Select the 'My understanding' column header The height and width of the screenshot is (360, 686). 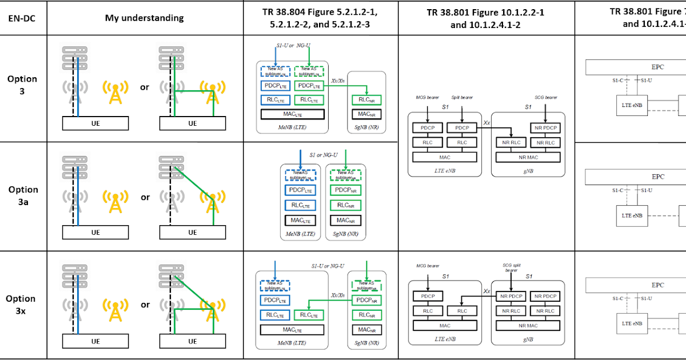(x=144, y=18)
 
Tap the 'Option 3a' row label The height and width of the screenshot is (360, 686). (x=23, y=195)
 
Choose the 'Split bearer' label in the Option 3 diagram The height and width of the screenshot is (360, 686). (x=457, y=99)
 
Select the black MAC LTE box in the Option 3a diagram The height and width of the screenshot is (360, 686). (x=301, y=221)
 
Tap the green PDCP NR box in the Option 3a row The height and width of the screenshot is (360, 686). (x=346, y=190)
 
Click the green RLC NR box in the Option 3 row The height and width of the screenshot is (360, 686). (x=366, y=99)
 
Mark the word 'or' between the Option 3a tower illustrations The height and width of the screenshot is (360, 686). (x=145, y=197)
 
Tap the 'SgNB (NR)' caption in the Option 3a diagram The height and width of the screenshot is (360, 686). (x=346, y=234)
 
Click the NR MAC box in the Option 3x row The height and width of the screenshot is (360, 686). (x=528, y=326)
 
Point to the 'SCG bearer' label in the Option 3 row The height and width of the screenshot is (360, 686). (x=546, y=98)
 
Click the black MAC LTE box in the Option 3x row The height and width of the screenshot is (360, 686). (x=292, y=330)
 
